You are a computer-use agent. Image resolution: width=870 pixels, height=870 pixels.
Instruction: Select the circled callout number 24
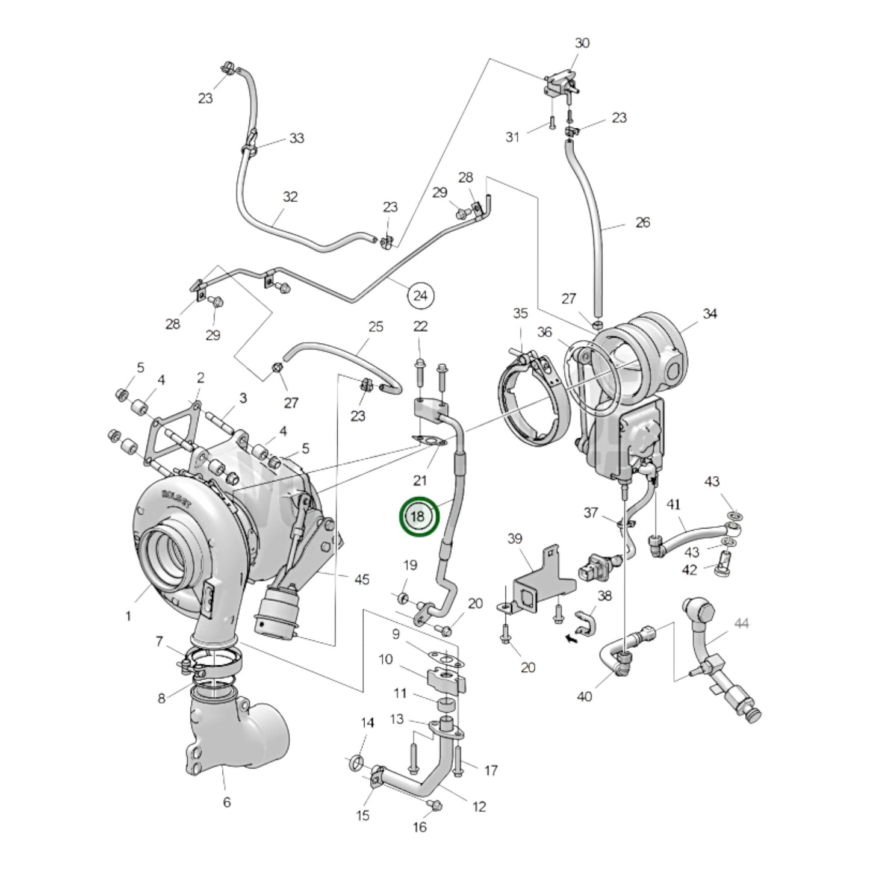421,296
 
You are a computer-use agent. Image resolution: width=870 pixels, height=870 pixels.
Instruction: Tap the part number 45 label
361,579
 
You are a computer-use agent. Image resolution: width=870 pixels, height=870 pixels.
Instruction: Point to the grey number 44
741,624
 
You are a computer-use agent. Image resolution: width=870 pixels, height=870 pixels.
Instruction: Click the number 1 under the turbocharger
128,617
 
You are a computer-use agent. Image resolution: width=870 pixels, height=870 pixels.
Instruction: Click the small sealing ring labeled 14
355,763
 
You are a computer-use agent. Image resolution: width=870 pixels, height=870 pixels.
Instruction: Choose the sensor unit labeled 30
560,84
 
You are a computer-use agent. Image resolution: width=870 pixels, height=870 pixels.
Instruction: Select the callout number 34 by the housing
710,314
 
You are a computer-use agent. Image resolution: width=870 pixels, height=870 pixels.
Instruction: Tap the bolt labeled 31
551,124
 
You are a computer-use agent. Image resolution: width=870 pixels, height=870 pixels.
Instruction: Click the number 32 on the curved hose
290,197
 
